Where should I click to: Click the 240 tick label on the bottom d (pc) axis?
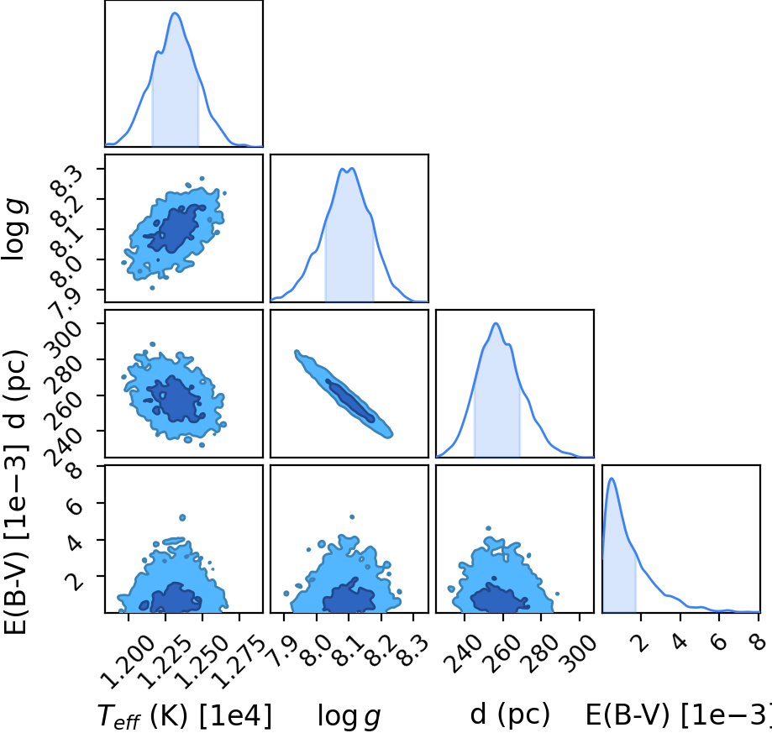click(x=462, y=654)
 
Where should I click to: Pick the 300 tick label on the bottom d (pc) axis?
click(x=579, y=654)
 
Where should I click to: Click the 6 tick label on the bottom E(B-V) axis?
click(x=719, y=642)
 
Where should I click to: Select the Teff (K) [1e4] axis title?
click(x=185, y=715)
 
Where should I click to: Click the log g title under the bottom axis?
click(x=349, y=716)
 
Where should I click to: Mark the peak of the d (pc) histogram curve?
click(x=496, y=323)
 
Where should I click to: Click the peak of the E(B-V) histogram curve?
click(x=612, y=479)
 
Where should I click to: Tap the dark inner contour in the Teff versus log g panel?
click(x=176, y=228)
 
